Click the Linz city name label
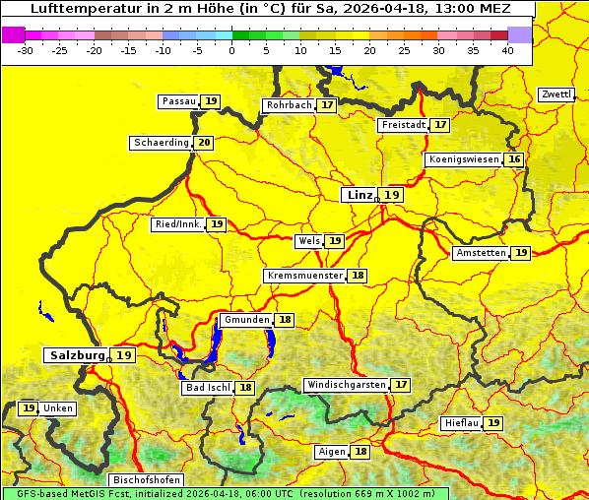pyautogui.click(x=359, y=195)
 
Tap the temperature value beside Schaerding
pyautogui.click(x=204, y=143)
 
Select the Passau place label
pyautogui.click(x=178, y=101)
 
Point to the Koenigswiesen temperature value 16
pyautogui.click(x=514, y=159)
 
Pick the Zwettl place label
pyautogui.click(x=556, y=94)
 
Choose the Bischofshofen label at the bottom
pyautogui.click(x=146, y=480)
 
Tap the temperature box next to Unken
pyautogui.click(x=29, y=408)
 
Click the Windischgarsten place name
pyautogui.click(x=346, y=385)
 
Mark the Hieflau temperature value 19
pyautogui.click(x=493, y=423)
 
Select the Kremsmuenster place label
pyautogui.click(x=304, y=277)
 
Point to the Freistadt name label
pyautogui.click(x=403, y=125)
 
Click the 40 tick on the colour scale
pyautogui.click(x=507, y=49)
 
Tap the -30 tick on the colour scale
pyautogui.click(x=27, y=49)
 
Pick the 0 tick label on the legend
pyautogui.click(x=232, y=49)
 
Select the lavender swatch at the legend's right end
pyautogui.click(x=520, y=34)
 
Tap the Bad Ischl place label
pyautogui.click(x=207, y=389)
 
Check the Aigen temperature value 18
pyautogui.click(x=360, y=452)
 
